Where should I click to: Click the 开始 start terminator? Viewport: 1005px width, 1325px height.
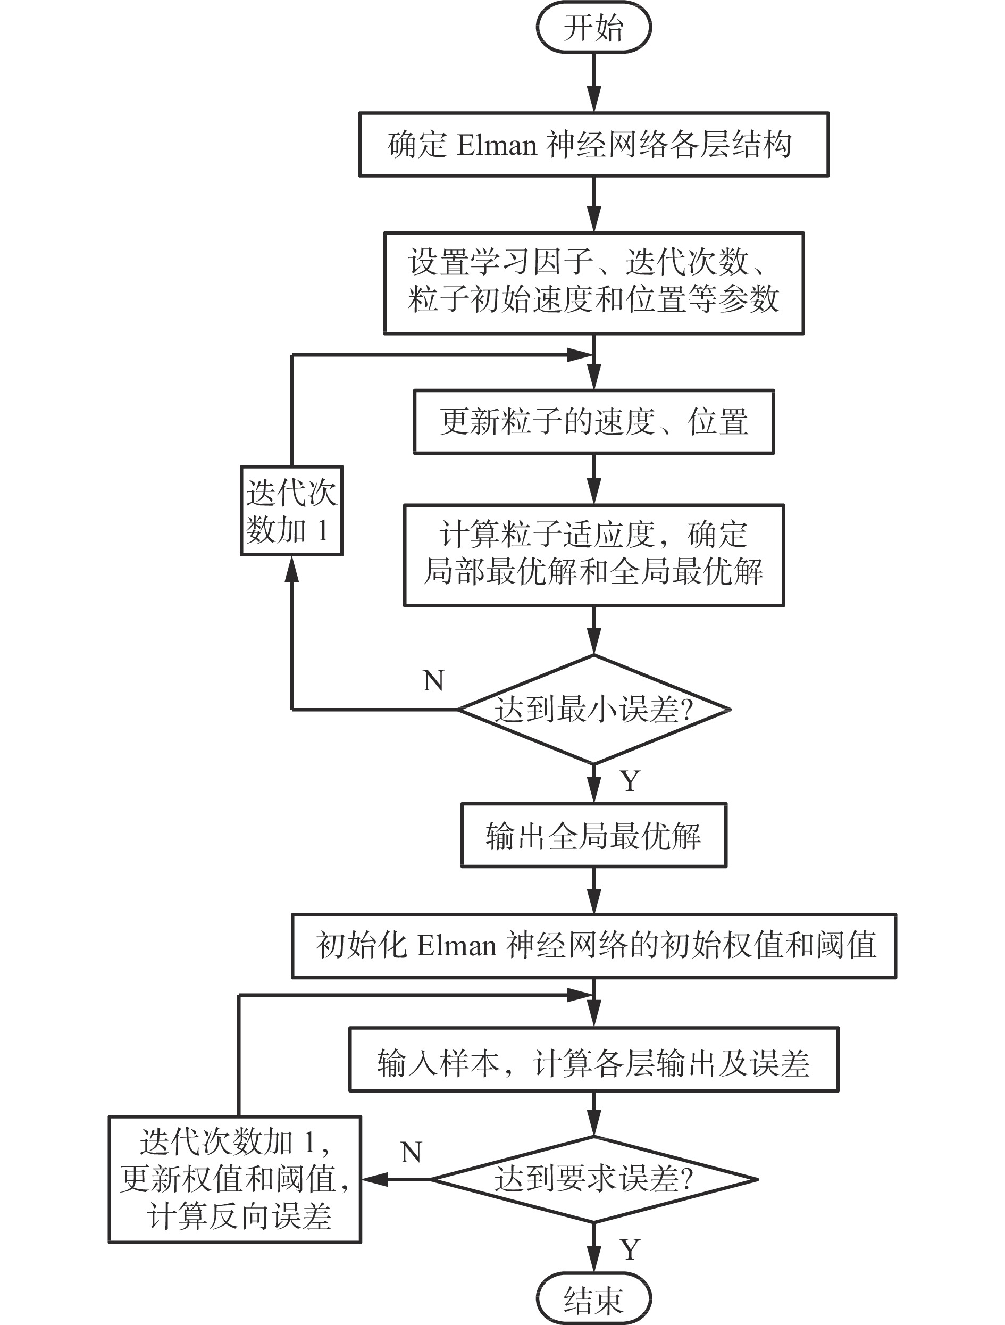click(x=593, y=28)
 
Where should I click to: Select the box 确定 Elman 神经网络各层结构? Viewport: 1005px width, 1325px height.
click(x=593, y=144)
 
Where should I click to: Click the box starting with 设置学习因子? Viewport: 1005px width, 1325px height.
click(x=593, y=283)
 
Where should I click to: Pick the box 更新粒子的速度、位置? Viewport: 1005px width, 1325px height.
click(x=593, y=422)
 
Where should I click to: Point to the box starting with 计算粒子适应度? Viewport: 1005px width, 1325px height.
click(x=593, y=555)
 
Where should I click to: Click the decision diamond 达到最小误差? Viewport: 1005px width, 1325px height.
click(x=593, y=709)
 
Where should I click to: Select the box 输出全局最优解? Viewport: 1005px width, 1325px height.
click(x=593, y=835)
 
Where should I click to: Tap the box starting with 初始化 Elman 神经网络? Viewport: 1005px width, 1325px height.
click(x=593, y=946)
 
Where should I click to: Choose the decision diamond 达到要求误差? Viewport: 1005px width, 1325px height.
click(x=593, y=1179)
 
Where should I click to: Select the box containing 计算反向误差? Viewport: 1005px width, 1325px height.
click(x=235, y=1179)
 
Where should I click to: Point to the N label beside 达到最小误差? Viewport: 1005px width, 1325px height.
click(x=433, y=680)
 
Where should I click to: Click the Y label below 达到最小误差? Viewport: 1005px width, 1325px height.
click(x=630, y=781)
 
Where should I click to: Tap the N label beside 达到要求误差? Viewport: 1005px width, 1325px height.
click(x=412, y=1153)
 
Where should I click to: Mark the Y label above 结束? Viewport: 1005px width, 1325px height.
click(x=630, y=1249)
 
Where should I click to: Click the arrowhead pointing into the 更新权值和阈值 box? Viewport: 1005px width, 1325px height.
click(x=374, y=1179)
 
